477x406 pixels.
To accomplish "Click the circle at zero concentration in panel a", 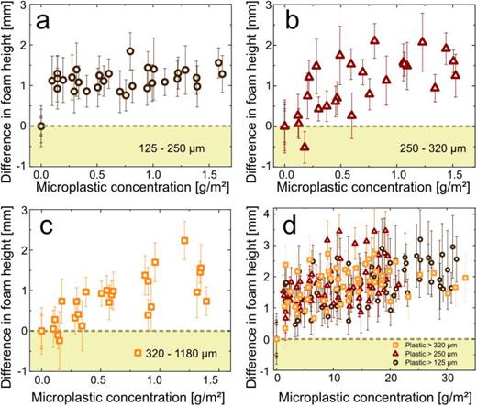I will (x=41, y=126).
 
